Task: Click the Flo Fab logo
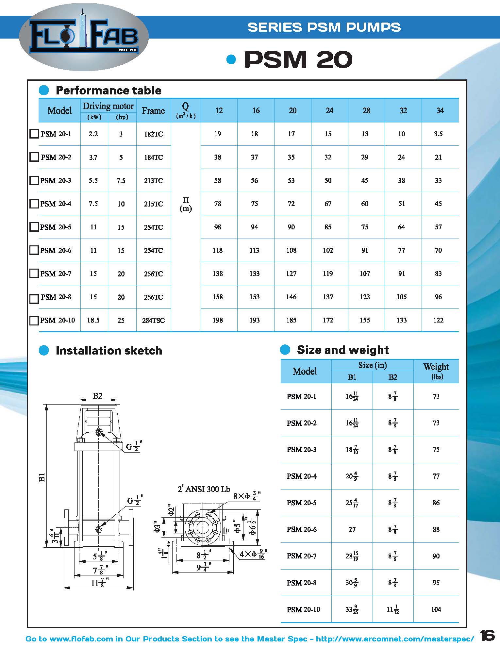click(84, 39)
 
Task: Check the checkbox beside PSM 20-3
click(34, 181)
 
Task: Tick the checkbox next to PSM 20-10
click(34, 321)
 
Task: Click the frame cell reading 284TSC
click(153, 321)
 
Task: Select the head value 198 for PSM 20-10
click(218, 320)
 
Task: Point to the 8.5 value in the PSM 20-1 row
click(438, 134)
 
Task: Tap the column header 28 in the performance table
click(366, 110)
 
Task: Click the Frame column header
click(153, 111)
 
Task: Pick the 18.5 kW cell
click(93, 320)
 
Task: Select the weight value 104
click(436, 609)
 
